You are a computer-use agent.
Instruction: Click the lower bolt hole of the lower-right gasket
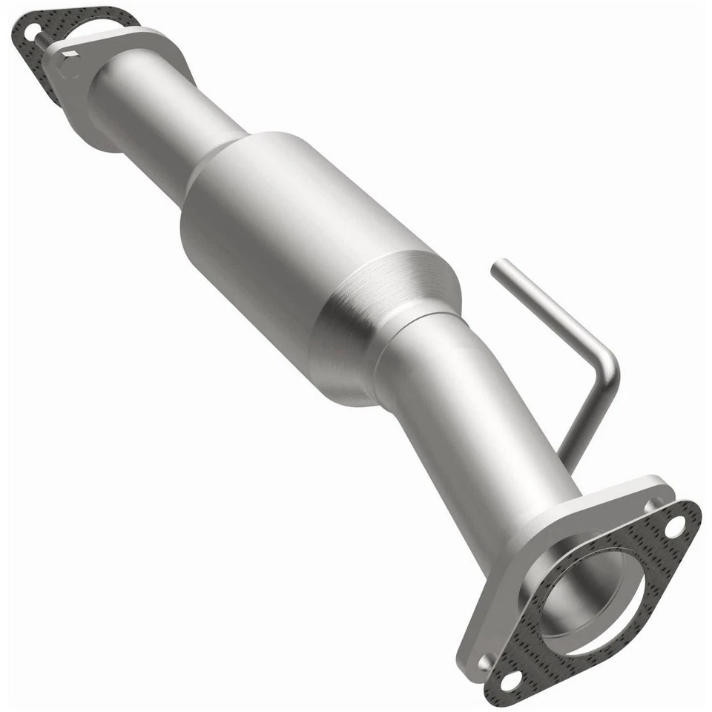coord(512,678)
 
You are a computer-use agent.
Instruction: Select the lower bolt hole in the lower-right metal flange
coord(487,659)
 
